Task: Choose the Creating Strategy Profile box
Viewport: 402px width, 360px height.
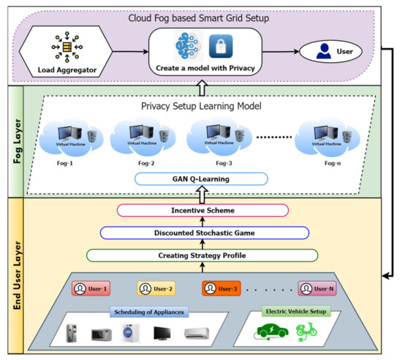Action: tap(202, 256)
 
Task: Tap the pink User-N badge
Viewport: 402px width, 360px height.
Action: tap(316, 288)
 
